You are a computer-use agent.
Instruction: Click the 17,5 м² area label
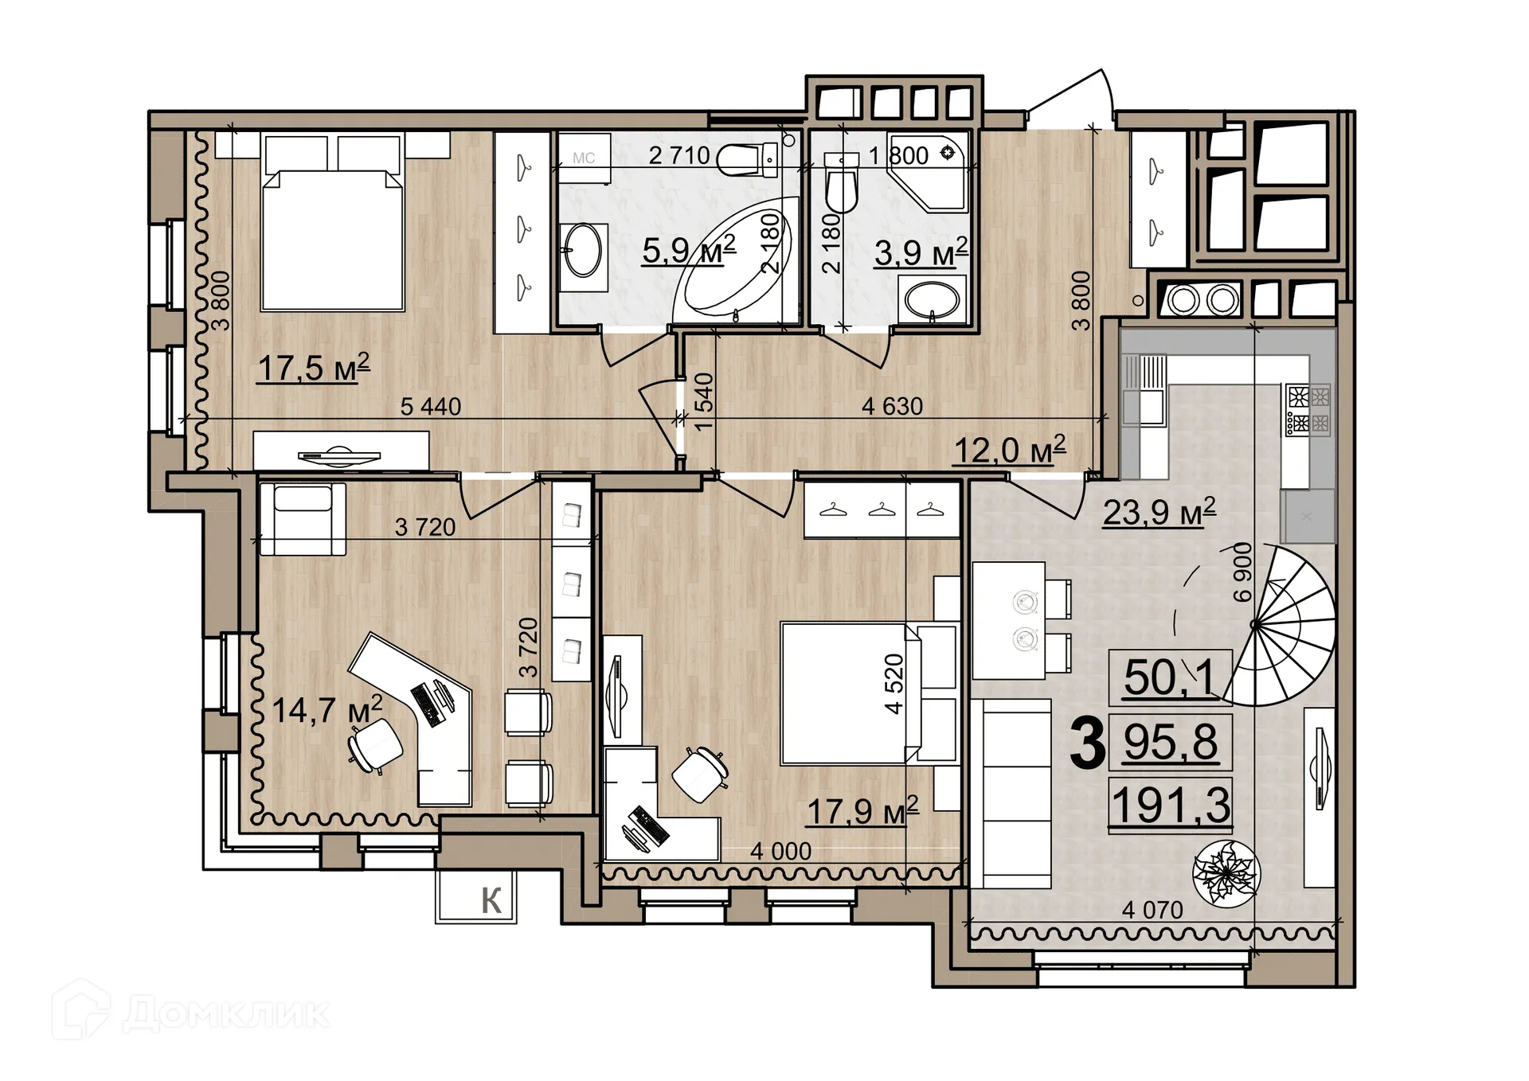(x=314, y=369)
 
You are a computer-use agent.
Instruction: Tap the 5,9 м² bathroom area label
(x=688, y=251)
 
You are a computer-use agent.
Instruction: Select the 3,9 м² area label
(x=921, y=253)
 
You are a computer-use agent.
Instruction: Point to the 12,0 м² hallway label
(x=1009, y=451)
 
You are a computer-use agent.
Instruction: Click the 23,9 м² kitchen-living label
(x=1159, y=512)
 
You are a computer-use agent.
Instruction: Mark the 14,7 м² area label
(x=327, y=709)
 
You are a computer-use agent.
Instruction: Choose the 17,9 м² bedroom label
(x=862, y=811)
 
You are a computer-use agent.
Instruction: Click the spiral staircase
(x=1282, y=626)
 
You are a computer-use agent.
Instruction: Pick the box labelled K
(x=476, y=897)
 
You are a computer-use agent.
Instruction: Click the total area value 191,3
(x=1171, y=806)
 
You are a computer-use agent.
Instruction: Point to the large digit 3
(x=1087, y=743)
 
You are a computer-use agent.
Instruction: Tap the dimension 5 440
(x=430, y=407)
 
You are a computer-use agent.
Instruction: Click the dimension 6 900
(x=1242, y=572)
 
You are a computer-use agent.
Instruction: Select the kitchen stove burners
(x=1309, y=409)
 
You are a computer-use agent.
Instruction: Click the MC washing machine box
(x=584, y=158)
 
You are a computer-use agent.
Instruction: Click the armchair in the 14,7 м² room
(x=303, y=518)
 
